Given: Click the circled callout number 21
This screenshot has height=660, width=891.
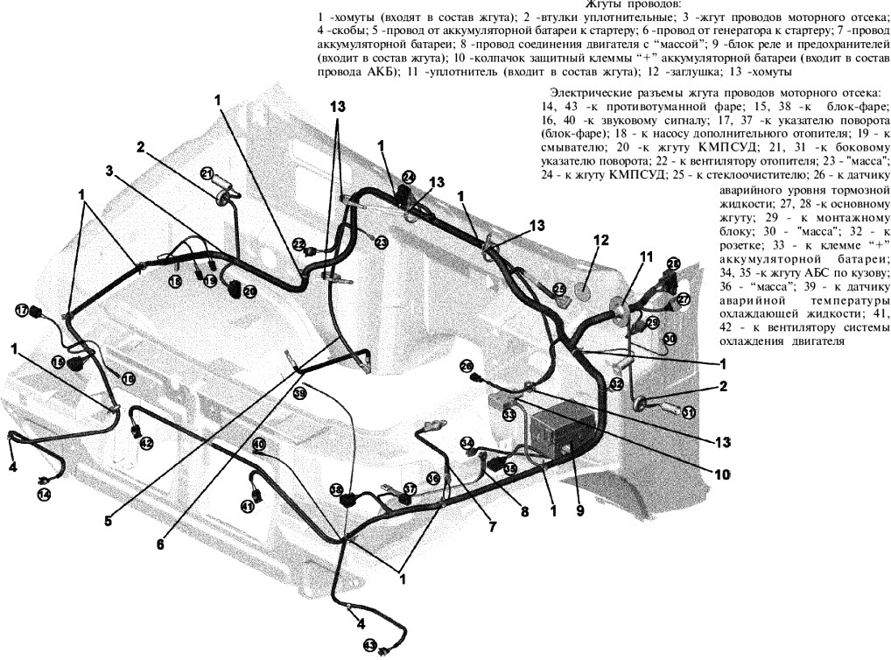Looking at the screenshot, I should (x=207, y=172).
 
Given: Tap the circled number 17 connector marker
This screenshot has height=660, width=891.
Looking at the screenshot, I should (x=22, y=311).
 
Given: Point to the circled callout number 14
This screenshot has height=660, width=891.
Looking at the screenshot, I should (x=44, y=495).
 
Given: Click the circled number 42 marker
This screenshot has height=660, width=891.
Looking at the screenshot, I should (x=146, y=443).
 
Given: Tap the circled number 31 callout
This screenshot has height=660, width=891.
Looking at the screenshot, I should (x=689, y=413).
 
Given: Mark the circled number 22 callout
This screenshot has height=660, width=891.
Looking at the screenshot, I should (x=299, y=244).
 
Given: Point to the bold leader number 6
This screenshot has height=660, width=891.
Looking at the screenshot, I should (x=160, y=544).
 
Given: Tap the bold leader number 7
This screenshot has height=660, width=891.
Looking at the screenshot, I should (x=493, y=526).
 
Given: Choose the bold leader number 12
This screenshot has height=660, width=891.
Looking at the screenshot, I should (x=600, y=240).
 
